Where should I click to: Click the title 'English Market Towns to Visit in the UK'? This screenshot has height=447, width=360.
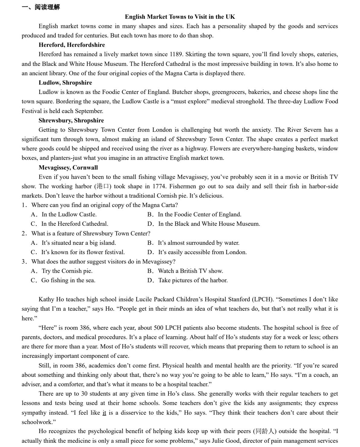pyautogui.click(x=180, y=17)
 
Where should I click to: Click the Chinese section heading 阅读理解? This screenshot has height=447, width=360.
pyautogui.click(x=47, y=7)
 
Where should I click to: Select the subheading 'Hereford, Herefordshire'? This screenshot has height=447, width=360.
pyautogui.click(x=72, y=45)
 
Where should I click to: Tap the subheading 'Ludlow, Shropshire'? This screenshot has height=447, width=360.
pyautogui.click(x=65, y=83)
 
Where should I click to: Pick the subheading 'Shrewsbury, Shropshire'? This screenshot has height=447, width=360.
pyautogui.click(x=71, y=120)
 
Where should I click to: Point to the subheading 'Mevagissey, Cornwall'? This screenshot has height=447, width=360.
pyautogui.click(x=68, y=167)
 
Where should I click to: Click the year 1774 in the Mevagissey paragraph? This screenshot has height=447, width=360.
pyautogui.click(x=159, y=186)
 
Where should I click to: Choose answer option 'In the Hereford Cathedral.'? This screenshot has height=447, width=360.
pyautogui.click(x=74, y=224)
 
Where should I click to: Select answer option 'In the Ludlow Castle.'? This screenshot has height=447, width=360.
pyautogui.click(x=69, y=215)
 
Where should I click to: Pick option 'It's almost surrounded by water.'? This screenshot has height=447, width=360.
pyautogui.click(x=198, y=243)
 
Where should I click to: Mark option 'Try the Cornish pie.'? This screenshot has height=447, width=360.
pyautogui.click(x=67, y=271)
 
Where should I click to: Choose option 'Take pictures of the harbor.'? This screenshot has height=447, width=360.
pyautogui.click(x=193, y=280)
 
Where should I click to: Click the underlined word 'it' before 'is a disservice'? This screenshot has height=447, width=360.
pyautogui.click(x=104, y=413)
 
